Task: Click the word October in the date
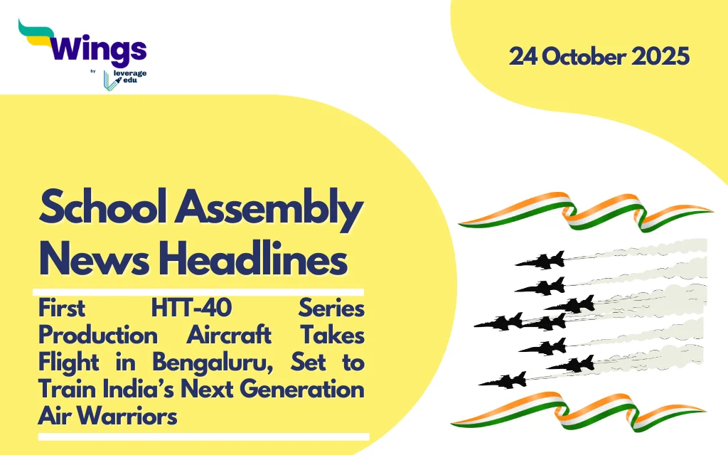[584, 57]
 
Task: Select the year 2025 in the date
[660, 57]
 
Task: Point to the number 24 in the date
[523, 57]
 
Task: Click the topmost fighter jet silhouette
[541, 260]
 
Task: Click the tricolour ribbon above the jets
[585, 212]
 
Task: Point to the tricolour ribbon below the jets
[579, 410]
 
